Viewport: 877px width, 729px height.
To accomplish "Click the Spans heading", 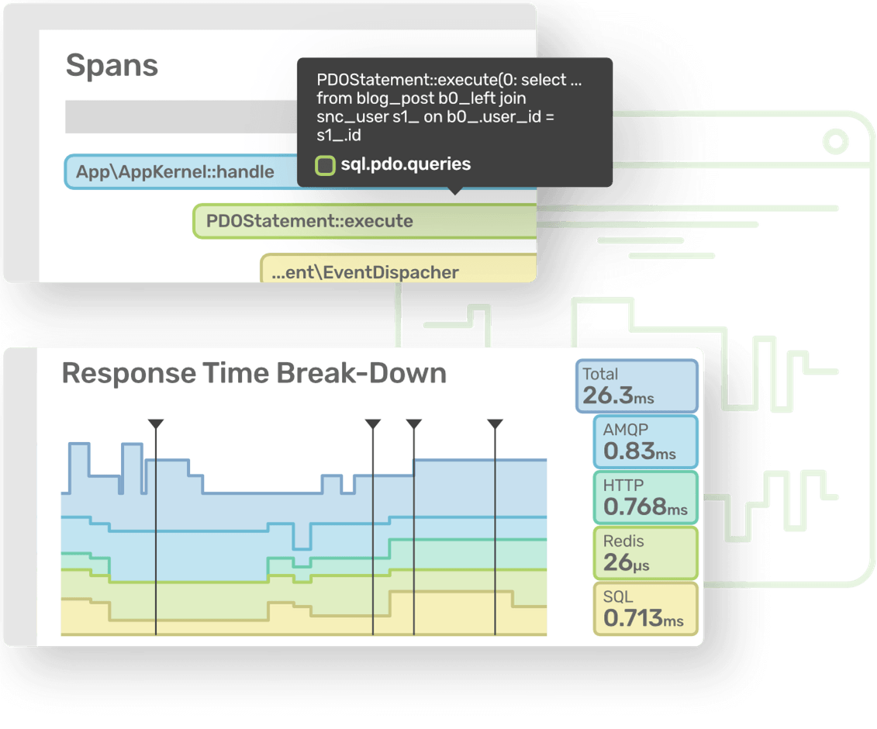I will [112, 65].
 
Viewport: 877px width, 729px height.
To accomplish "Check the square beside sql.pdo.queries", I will [326, 164].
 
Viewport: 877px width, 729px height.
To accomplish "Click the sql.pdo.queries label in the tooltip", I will [406, 164].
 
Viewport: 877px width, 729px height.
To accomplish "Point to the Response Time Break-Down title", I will [254, 373].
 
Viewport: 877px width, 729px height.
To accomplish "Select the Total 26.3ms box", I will [637, 385].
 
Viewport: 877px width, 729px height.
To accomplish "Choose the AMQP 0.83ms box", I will [645, 441].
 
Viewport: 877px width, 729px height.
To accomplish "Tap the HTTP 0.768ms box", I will [645, 497].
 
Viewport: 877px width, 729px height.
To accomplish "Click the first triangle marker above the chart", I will [156, 423].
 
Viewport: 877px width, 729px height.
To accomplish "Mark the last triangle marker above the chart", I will [495, 423].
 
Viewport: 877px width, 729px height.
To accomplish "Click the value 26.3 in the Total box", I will [608, 396].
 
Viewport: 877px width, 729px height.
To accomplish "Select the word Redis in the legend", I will [623, 541].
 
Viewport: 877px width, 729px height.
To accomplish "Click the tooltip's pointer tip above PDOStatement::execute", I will [455, 192].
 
